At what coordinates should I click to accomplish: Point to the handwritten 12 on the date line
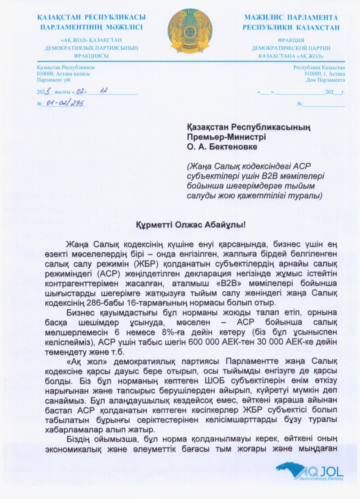[x=103, y=91]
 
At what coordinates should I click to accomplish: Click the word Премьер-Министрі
[x=226, y=137]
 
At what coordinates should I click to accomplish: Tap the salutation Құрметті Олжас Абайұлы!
[x=190, y=225]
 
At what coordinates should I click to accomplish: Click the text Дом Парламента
[x=325, y=80]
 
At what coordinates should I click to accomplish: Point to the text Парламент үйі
[x=54, y=80]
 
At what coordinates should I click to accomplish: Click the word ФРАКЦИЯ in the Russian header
[x=291, y=40]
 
